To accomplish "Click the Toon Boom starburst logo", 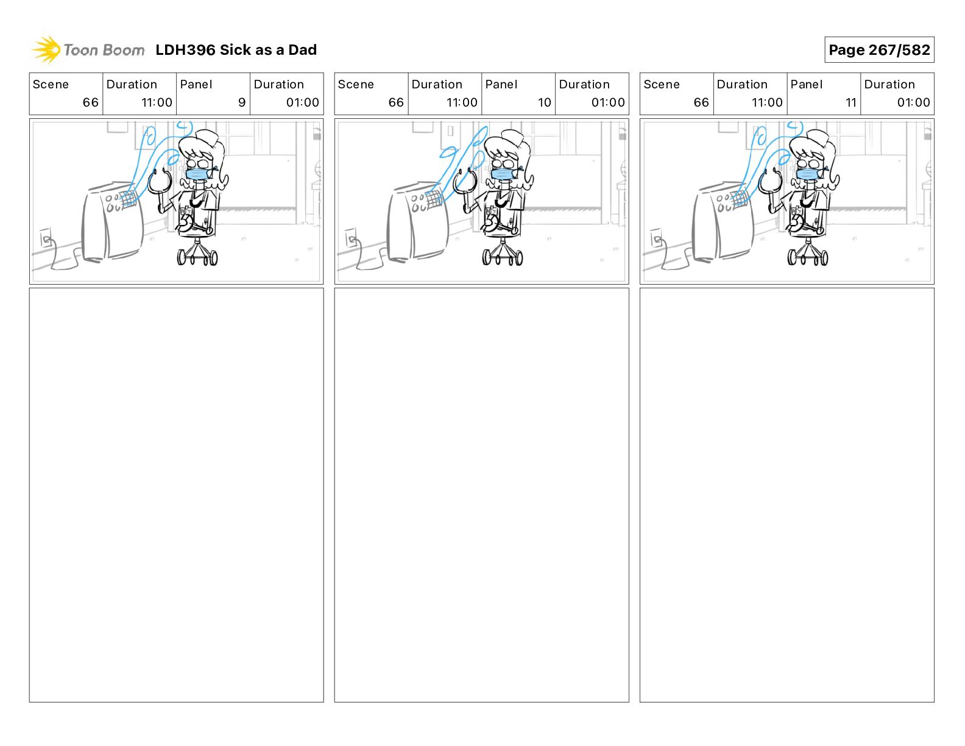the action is tap(46, 49).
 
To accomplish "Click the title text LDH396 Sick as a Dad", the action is tap(236, 50).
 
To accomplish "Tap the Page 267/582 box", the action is tap(879, 50).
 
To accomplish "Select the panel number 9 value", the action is tap(242, 102).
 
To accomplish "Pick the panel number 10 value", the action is tap(544, 102).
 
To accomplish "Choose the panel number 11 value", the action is tap(850, 102).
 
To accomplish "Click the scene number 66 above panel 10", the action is tap(395, 102).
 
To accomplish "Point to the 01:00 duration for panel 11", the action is tap(913, 102).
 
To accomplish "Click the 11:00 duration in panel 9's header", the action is tap(157, 102).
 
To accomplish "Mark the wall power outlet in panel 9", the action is tap(45, 237).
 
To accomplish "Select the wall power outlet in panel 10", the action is tap(351, 237).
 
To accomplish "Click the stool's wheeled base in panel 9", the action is tap(197, 254).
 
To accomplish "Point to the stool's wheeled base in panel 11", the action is tap(808, 254).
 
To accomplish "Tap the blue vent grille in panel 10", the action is tap(434, 197).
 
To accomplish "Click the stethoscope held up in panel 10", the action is tap(465, 181).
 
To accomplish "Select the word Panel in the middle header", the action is tap(501, 85).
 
